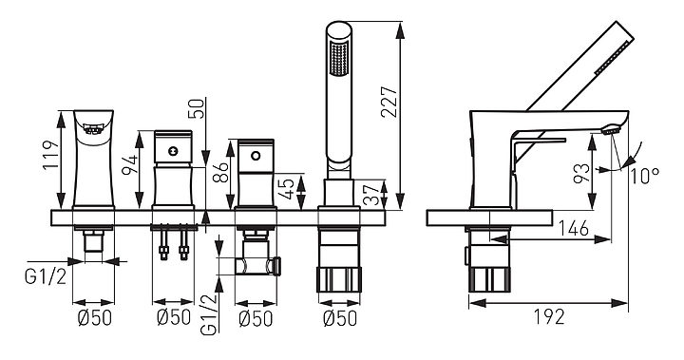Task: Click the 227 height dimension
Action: [389, 102]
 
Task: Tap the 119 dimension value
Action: [51, 156]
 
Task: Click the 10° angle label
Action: [645, 176]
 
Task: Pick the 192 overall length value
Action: [549, 316]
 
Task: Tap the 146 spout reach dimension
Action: [574, 228]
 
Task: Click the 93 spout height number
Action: [583, 173]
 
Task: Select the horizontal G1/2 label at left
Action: [46, 277]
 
